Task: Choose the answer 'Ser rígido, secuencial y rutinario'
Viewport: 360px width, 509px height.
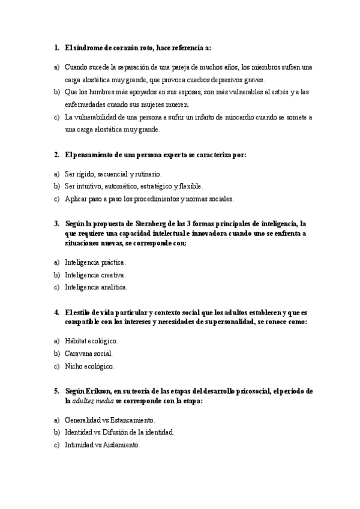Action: point(113,173)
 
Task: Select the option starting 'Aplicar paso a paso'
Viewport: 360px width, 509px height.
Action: point(149,199)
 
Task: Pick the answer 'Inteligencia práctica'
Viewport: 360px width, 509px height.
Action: point(95,262)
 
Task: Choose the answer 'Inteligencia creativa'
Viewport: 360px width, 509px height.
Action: point(95,275)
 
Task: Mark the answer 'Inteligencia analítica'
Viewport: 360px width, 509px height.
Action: point(95,288)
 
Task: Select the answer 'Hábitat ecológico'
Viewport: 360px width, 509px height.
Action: point(91,341)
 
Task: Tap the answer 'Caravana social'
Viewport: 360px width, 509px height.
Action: point(88,354)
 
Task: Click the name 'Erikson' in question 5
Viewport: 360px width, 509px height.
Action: point(99,391)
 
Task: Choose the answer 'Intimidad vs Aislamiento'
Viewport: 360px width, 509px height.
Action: point(102,445)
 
